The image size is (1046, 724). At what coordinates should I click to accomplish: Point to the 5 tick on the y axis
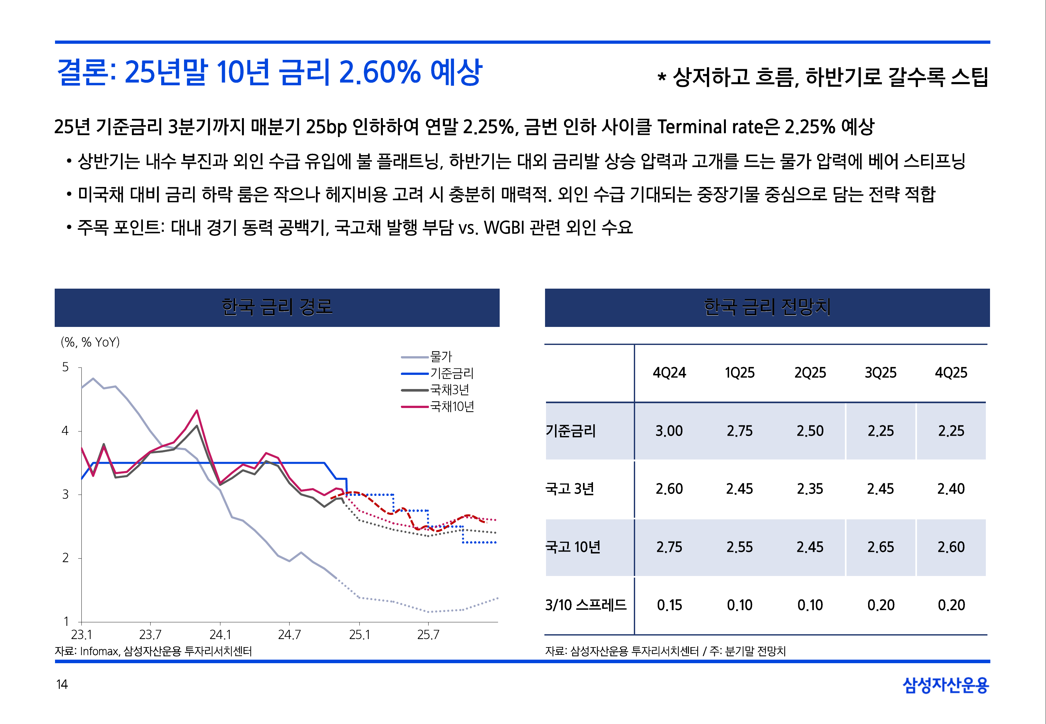[x=65, y=367]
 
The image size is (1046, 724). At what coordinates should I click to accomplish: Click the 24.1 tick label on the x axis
[x=220, y=634]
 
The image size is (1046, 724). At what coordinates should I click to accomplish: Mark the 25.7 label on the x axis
[x=428, y=634]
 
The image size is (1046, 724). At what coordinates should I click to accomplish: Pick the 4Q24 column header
[x=669, y=373]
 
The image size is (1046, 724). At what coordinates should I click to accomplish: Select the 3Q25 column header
[x=880, y=373]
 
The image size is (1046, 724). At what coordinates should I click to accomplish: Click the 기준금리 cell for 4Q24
[x=669, y=431]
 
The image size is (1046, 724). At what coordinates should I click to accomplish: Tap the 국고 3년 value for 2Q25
[x=810, y=489]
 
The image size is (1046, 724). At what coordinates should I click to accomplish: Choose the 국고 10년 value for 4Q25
[x=951, y=547]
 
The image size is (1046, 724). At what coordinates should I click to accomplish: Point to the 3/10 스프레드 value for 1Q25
[x=739, y=605]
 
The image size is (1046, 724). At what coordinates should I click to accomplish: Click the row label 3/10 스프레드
[x=586, y=605]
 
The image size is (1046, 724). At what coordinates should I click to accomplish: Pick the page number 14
[x=62, y=684]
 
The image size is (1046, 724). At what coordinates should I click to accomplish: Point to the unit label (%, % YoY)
[x=90, y=342]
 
